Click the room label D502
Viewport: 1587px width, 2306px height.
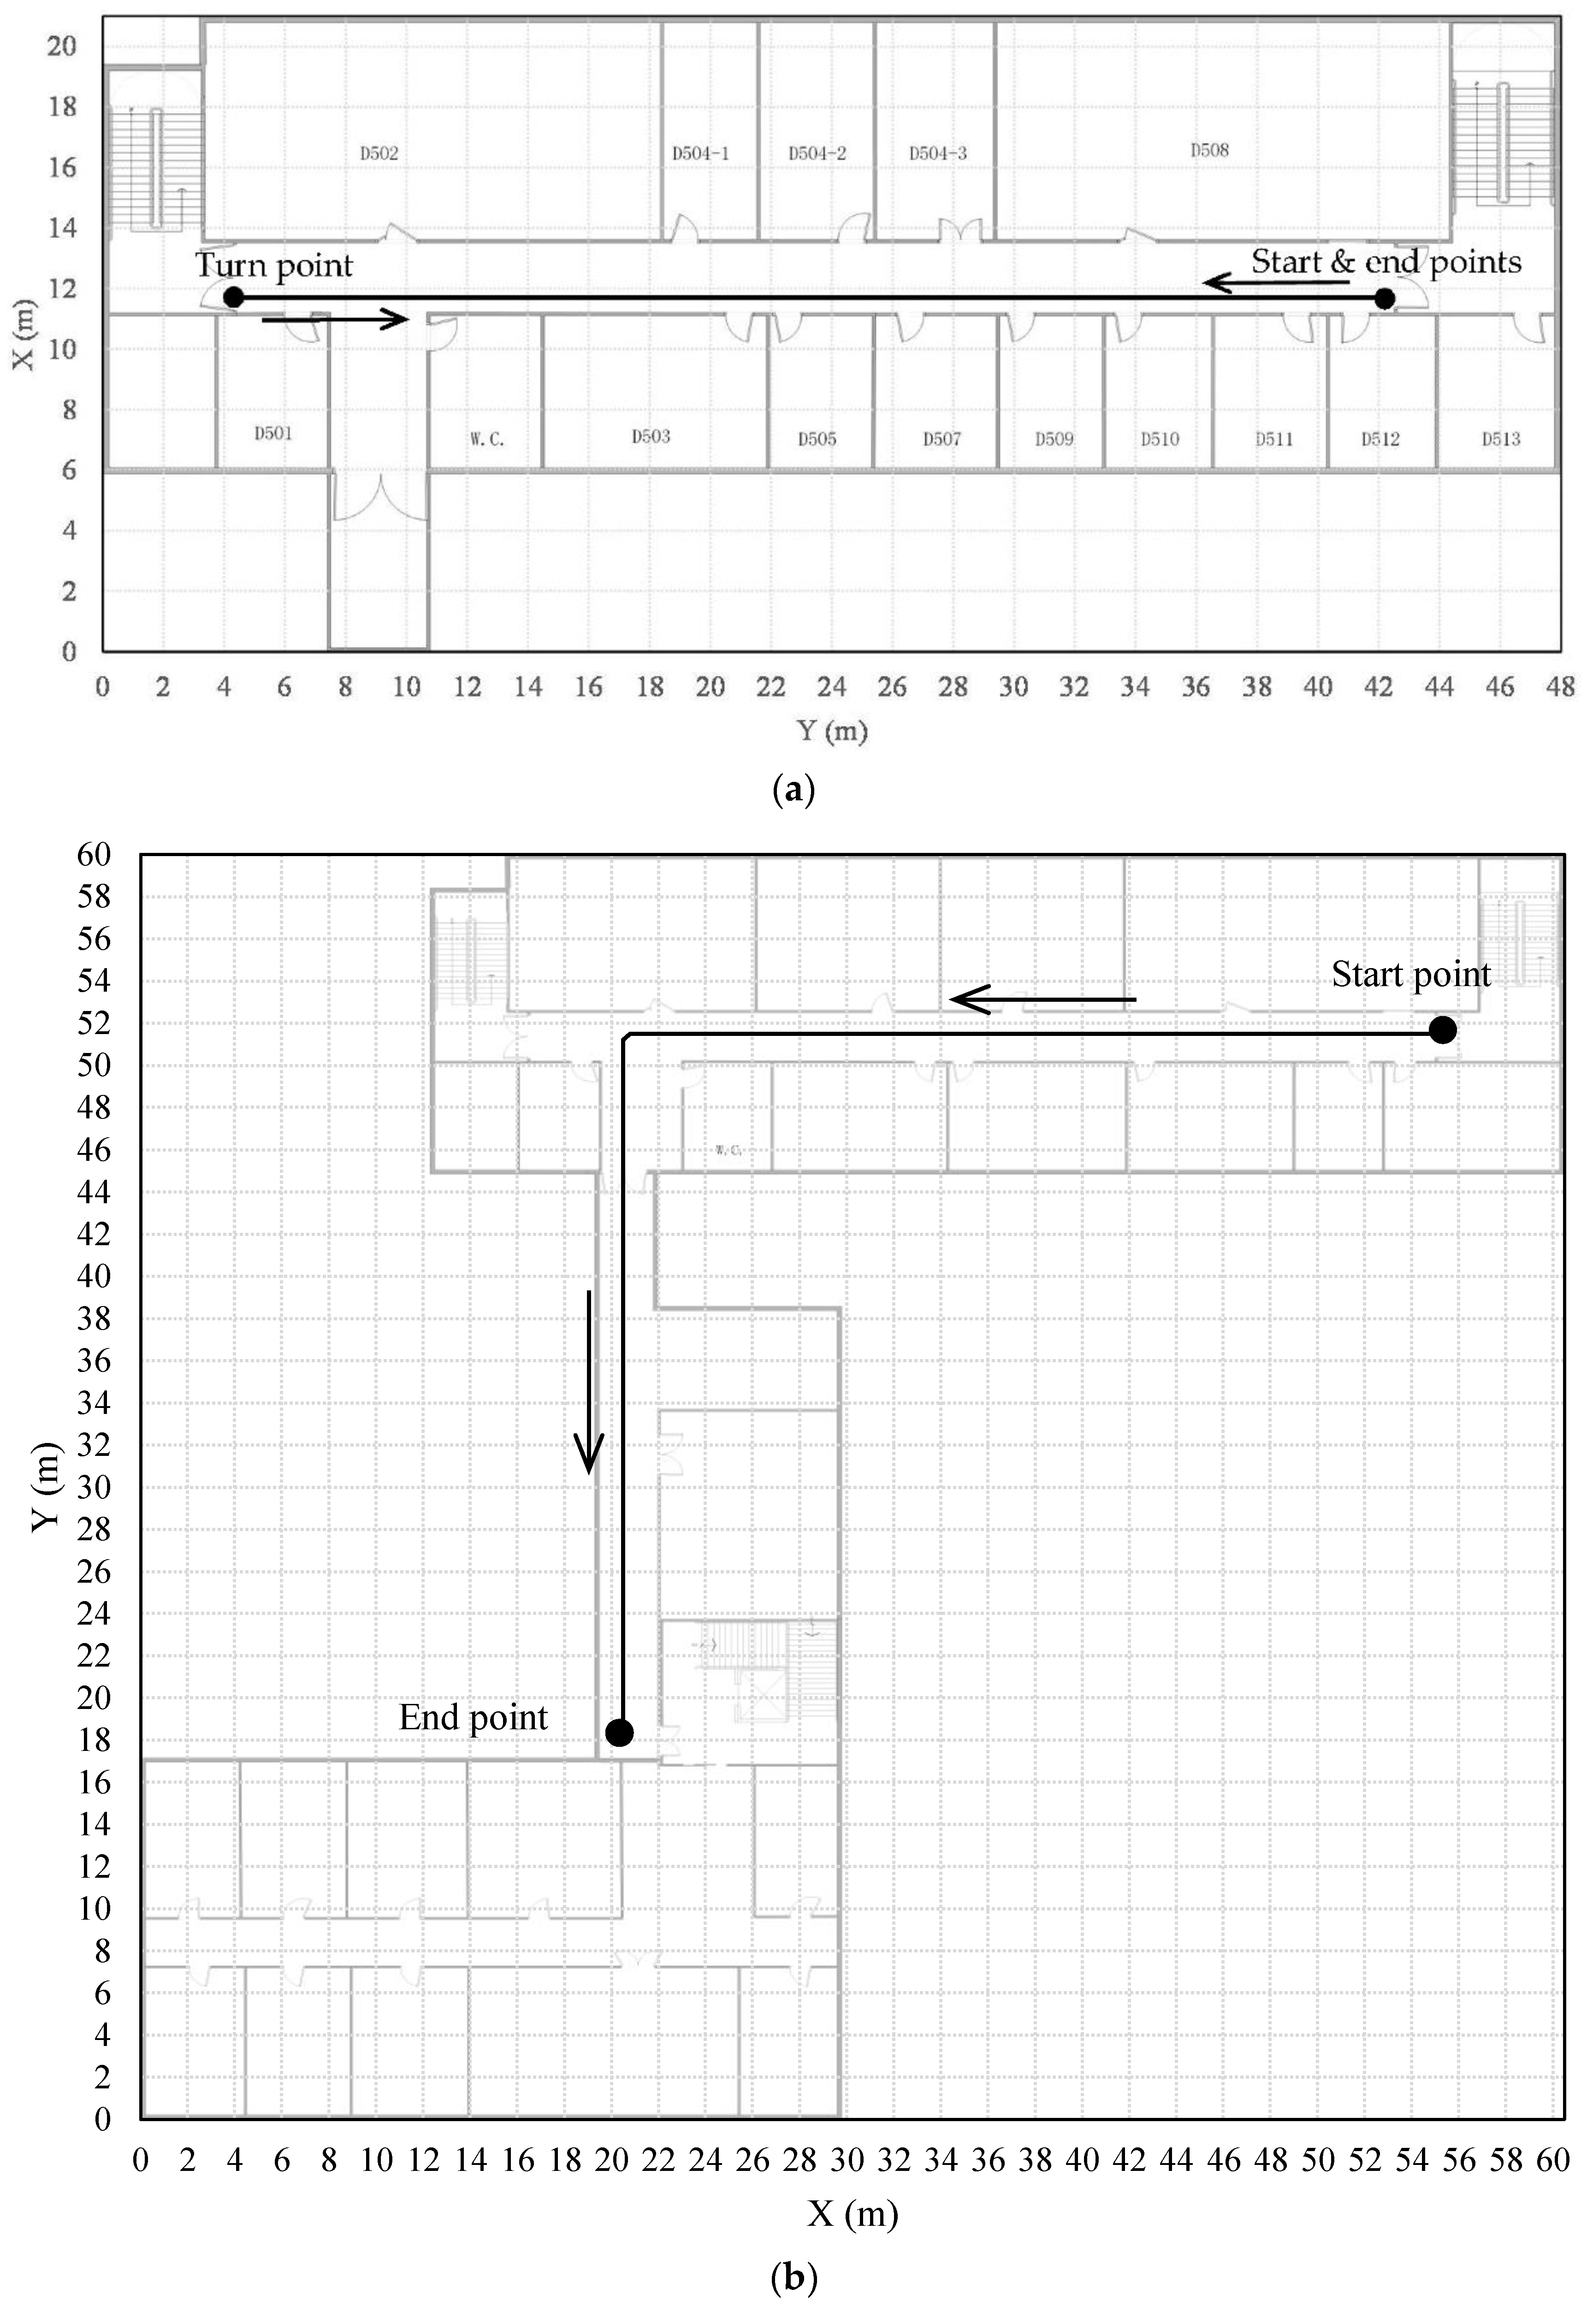(x=379, y=153)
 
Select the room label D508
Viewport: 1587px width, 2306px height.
(x=1209, y=150)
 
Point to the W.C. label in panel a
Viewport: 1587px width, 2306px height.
(x=487, y=438)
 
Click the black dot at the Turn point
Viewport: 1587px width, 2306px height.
(x=234, y=297)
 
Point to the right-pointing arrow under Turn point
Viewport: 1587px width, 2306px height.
(x=335, y=319)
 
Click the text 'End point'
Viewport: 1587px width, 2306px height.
(x=474, y=1718)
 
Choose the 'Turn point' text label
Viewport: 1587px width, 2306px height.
(x=273, y=266)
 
